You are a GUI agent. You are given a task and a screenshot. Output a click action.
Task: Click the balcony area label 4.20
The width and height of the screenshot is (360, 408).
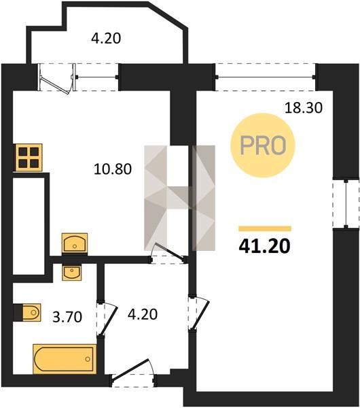pos(106,38)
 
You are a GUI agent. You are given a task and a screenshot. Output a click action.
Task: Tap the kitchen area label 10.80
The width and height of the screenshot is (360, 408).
pos(113,169)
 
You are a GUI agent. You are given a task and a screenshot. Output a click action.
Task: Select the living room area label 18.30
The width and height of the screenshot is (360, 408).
pos(304,107)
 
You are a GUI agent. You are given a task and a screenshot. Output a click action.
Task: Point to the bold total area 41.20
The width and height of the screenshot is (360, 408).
pos(264,246)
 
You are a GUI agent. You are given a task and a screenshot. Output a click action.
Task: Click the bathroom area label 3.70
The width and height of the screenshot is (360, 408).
pos(67,317)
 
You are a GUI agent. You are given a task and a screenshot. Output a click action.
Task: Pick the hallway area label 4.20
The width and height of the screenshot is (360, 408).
pos(143,314)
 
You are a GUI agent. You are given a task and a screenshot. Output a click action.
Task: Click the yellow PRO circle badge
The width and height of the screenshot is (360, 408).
pos(263,146)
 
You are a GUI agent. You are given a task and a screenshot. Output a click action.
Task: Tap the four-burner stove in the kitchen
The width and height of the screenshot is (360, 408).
pos(29,158)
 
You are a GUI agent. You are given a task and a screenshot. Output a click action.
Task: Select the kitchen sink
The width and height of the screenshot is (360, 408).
pos(75,243)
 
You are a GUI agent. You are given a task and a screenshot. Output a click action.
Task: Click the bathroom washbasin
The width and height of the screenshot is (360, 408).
pos(72,273)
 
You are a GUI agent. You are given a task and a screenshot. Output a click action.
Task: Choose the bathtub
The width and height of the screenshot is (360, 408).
pos(65,359)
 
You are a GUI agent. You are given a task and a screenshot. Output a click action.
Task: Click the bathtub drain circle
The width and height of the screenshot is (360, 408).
pos(88,359)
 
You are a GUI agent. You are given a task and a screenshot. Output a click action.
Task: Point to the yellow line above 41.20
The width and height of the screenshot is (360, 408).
pos(265,228)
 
